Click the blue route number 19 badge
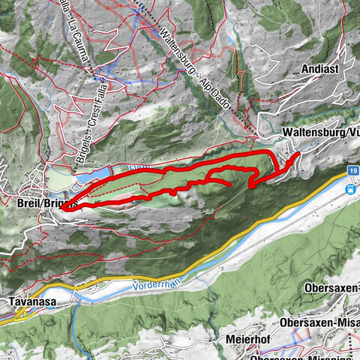(352, 172)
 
